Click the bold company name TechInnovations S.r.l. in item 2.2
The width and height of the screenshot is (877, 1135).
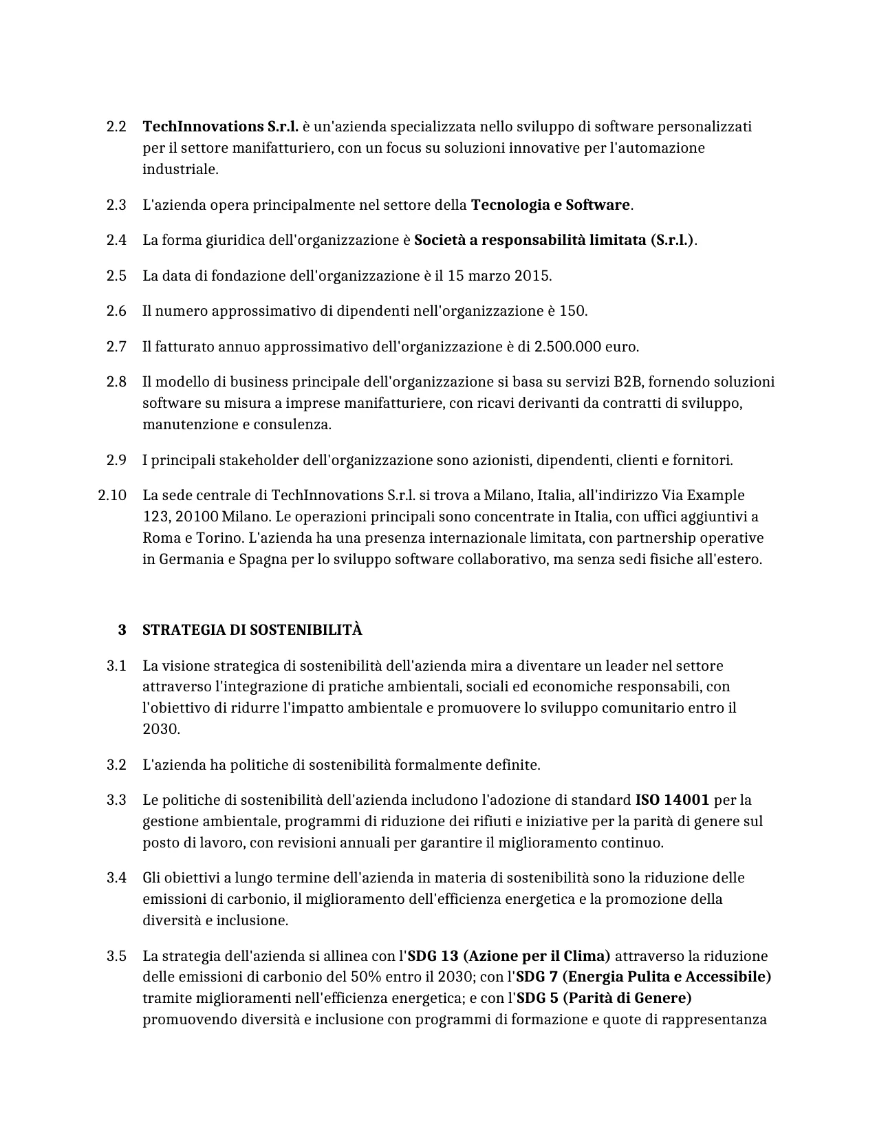[x=220, y=127]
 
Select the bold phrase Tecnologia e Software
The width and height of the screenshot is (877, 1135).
[x=550, y=205]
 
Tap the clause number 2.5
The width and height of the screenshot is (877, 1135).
[x=116, y=276]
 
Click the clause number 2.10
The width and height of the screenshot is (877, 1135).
[x=112, y=495]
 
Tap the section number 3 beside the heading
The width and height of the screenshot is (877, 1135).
[x=122, y=630]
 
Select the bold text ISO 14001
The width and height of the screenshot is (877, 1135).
[x=672, y=800]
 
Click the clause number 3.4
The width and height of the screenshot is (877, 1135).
[x=116, y=878]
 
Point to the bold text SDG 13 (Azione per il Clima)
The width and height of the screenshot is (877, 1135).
[x=509, y=956]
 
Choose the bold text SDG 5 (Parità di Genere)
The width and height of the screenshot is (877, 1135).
[x=604, y=998]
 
